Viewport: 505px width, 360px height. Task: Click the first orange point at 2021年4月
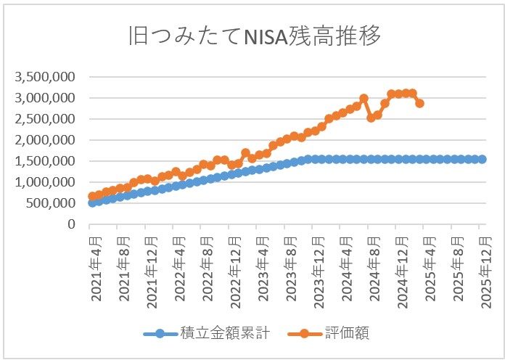(x=92, y=196)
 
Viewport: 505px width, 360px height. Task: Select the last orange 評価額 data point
(x=419, y=104)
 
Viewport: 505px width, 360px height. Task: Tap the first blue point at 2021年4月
(x=92, y=202)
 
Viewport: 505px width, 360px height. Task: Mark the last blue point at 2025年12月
(x=482, y=159)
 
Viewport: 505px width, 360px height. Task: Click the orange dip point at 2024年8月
(x=371, y=118)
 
